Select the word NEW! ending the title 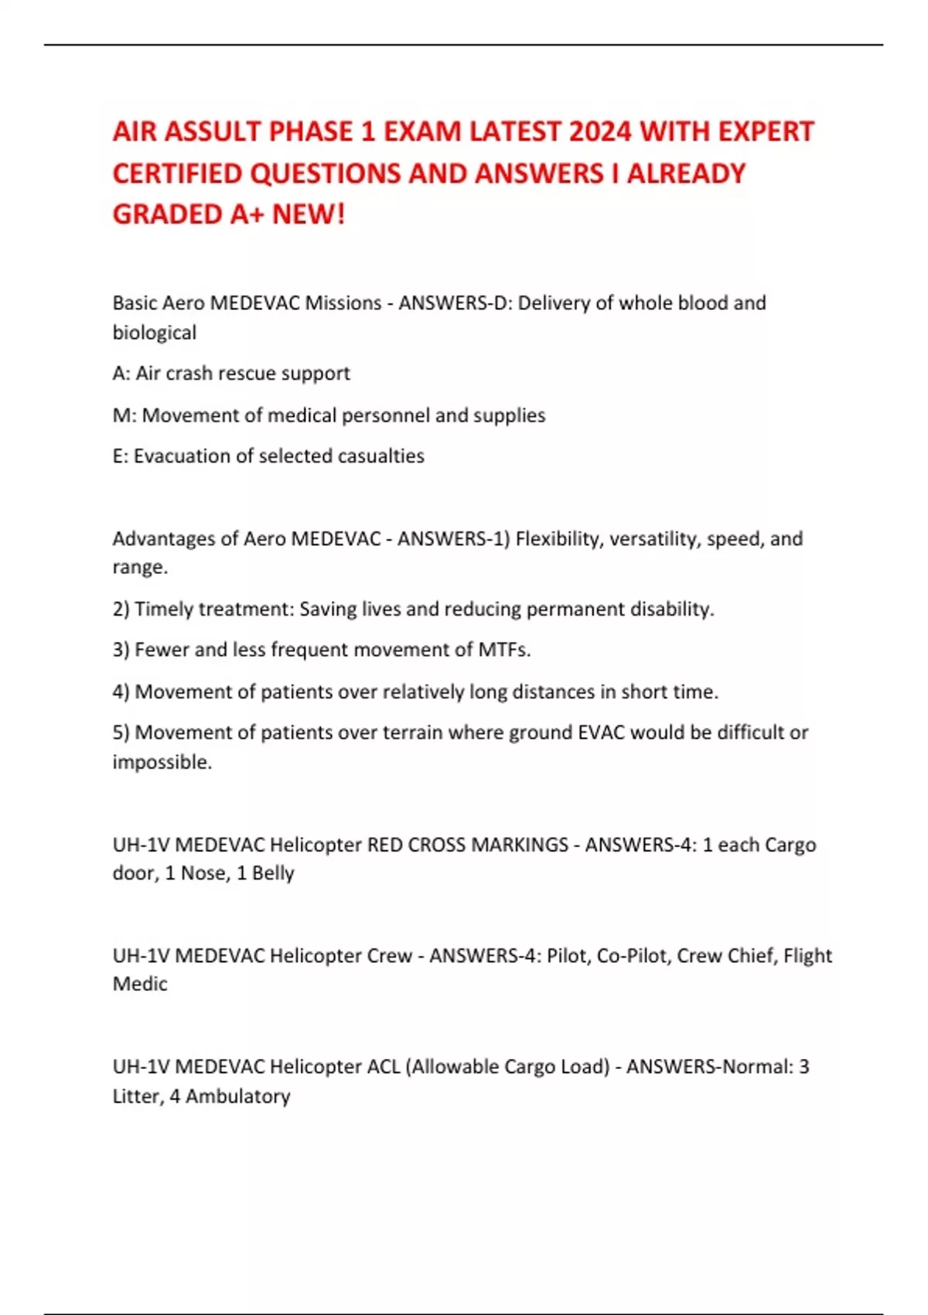[308, 214]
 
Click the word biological [155, 333]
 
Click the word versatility [653, 538]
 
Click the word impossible [162, 763]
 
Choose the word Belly [273, 873]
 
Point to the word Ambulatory [237, 1097]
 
